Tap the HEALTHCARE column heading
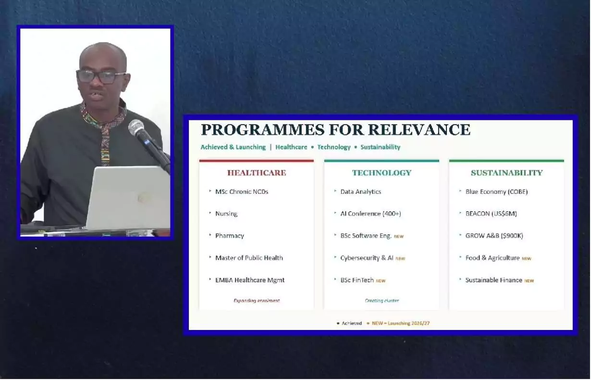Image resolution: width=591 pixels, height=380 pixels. pos(257,173)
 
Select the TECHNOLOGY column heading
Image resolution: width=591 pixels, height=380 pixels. pos(382,173)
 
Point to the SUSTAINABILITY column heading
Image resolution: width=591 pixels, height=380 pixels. pos(506,173)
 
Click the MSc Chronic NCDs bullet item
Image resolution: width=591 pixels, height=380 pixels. pos(242,191)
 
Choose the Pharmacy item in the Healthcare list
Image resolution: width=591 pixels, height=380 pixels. pos(230,236)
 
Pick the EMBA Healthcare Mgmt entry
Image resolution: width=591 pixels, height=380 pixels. pos(250,280)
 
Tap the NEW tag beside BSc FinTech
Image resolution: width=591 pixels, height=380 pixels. pos(381,281)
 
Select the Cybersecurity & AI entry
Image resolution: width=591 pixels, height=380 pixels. pos(367,258)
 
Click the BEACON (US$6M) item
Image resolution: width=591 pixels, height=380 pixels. pos(491,214)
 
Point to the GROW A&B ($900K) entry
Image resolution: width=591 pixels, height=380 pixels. pos(494,236)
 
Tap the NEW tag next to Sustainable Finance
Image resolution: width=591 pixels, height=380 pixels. pos(529,281)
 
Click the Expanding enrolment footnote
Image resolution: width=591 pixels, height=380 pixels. pos(257,301)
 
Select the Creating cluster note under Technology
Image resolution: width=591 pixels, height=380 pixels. pos(382,301)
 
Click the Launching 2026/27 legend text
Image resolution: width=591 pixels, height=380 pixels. pos(409,323)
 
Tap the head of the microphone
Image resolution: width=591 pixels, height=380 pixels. pos(136,127)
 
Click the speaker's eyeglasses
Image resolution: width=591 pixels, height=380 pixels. pos(100,76)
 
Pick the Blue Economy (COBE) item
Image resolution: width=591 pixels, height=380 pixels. pos(496,191)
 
